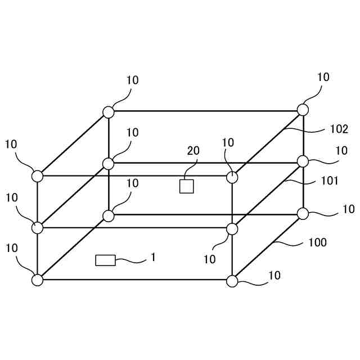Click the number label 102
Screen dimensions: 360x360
pyautogui.click(x=339, y=129)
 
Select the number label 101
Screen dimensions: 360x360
pyautogui.click(x=330, y=181)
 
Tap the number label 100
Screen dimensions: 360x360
pyautogui.click(x=318, y=243)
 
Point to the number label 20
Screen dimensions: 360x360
pyautogui.click(x=193, y=151)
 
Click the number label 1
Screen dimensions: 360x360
pyautogui.click(x=152, y=257)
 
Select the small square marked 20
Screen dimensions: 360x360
pyautogui.click(x=186, y=186)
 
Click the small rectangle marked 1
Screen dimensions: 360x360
pyautogui.click(x=105, y=260)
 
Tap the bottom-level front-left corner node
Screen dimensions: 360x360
pyautogui.click(x=37, y=280)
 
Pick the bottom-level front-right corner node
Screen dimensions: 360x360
pyautogui.click(x=232, y=281)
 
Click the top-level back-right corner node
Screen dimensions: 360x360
pyautogui.click(x=303, y=110)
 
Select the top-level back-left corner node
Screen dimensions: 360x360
pyautogui.click(x=109, y=112)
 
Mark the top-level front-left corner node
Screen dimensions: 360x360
pyautogui.click(x=37, y=176)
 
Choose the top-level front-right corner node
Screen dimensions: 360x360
pyautogui.click(x=232, y=177)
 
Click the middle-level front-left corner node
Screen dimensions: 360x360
pyautogui.click(x=37, y=228)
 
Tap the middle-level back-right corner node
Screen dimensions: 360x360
pyautogui.click(x=303, y=161)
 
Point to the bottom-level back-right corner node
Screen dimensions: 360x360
pyautogui.click(x=303, y=213)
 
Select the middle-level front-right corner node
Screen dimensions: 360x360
pyautogui.click(x=232, y=229)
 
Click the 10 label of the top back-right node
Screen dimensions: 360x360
pyautogui.click(x=323, y=77)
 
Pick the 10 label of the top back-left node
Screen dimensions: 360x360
pyautogui.click(x=132, y=80)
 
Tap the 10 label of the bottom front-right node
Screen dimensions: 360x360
pyautogui.click(x=274, y=276)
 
